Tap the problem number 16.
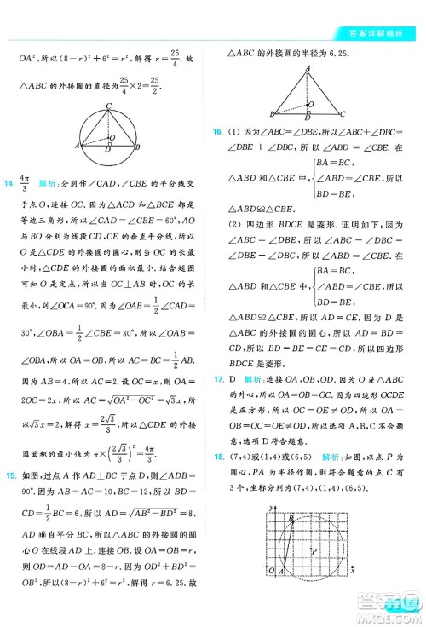click(x=220, y=131)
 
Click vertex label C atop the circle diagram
click(x=108, y=106)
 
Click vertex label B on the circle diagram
click(x=141, y=146)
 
